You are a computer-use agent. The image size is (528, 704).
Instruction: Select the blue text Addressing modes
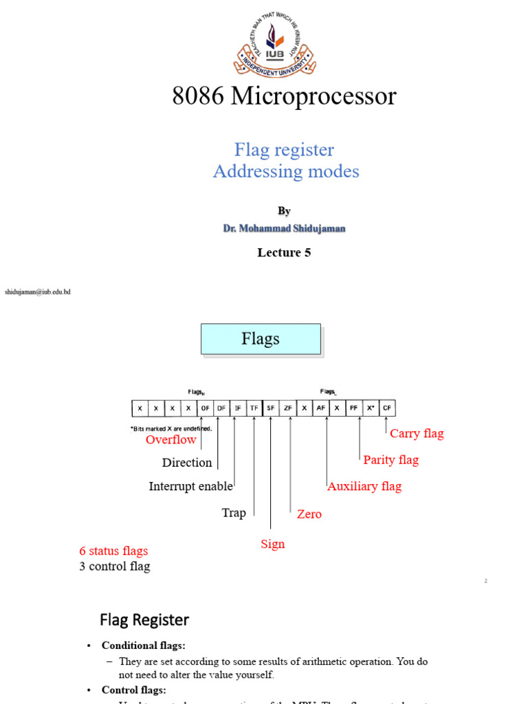click(286, 171)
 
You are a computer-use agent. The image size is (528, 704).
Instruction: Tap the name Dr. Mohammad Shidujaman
click(284, 228)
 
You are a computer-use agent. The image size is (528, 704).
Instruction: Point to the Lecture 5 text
click(284, 252)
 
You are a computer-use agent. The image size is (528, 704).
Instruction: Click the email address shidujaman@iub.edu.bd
click(38, 292)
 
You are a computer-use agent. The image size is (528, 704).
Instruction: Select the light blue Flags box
click(261, 339)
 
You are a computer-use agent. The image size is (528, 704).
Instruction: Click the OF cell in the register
click(205, 408)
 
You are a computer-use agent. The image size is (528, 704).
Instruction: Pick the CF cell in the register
click(388, 408)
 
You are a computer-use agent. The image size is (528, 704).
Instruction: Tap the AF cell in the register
click(321, 408)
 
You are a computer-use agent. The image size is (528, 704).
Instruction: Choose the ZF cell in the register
click(288, 408)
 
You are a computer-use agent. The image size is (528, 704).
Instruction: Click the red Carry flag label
click(417, 433)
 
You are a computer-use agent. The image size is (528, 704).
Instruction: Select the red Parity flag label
click(390, 460)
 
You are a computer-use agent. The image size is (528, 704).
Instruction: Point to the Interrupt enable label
click(190, 486)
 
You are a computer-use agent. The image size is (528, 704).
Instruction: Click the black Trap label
click(234, 513)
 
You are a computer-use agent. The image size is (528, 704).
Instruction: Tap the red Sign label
click(272, 544)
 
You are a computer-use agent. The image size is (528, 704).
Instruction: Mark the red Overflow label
click(171, 439)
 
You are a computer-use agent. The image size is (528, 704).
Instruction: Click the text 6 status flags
click(113, 551)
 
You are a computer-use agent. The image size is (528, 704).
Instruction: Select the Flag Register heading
click(144, 620)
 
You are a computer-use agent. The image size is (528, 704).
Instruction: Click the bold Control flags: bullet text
click(134, 690)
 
